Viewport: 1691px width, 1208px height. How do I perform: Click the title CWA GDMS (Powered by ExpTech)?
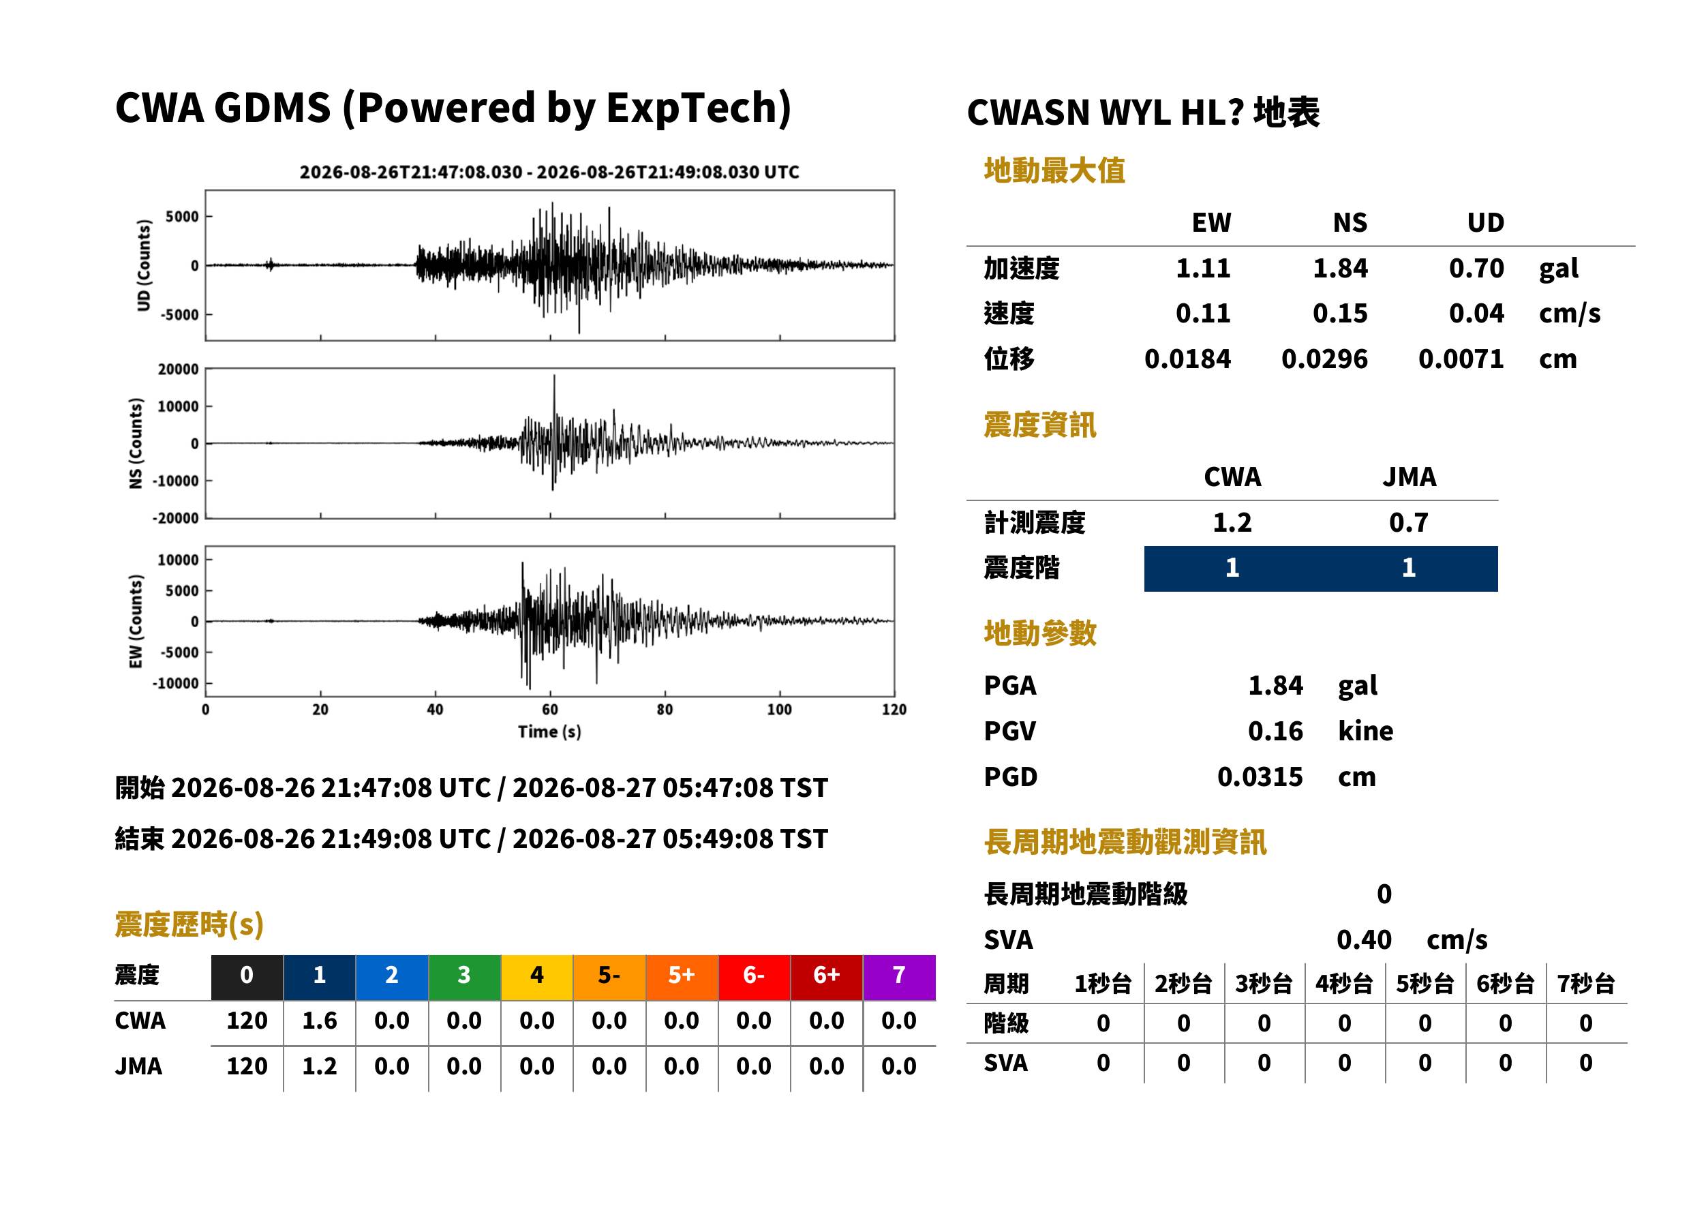[x=453, y=108]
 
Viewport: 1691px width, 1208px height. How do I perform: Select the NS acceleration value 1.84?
[x=1339, y=268]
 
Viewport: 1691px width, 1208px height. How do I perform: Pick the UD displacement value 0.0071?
[x=1461, y=359]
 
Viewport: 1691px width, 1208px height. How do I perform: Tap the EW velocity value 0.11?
[x=1202, y=313]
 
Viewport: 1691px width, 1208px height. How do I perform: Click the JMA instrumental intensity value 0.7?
[x=1408, y=522]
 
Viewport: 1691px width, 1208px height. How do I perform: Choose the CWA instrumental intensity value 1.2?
[x=1232, y=522]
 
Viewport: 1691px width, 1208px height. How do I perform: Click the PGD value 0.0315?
[x=1260, y=776]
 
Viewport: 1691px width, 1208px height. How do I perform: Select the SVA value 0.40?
[x=1364, y=939]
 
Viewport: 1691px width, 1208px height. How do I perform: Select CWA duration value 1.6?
[x=319, y=1021]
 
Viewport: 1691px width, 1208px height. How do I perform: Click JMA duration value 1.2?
[x=319, y=1066]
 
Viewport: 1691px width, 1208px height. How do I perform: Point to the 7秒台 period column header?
[x=1585, y=983]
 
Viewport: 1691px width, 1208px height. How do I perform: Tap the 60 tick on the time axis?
[x=549, y=710]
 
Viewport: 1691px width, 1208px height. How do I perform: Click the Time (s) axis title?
[x=549, y=732]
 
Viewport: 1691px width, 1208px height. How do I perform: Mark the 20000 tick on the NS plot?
[x=178, y=369]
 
